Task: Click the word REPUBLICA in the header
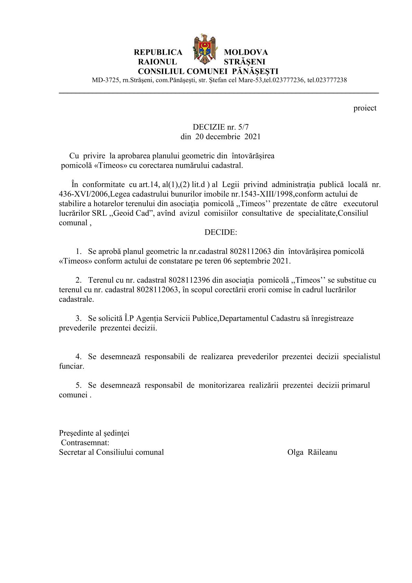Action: click(158, 52)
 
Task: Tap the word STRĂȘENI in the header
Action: click(244, 62)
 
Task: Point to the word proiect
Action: click(365, 108)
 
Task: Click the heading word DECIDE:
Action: click(221, 232)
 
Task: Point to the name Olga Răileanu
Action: click(312, 452)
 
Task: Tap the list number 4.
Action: click(79, 356)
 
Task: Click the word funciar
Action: click(71, 366)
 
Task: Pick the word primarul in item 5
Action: click(356, 385)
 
